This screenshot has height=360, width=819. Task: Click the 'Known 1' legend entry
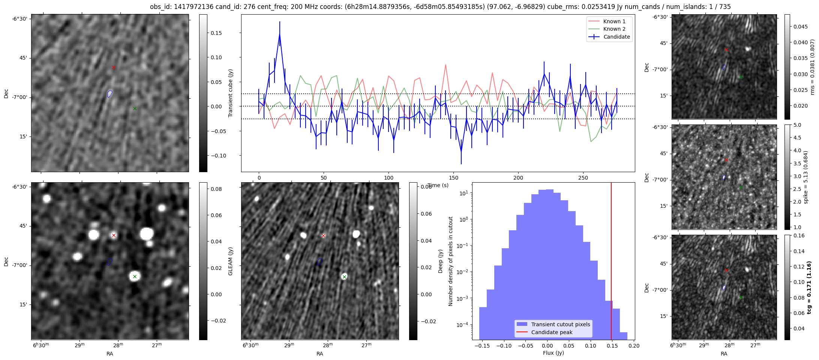coord(614,21)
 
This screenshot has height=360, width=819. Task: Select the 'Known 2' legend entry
coord(614,29)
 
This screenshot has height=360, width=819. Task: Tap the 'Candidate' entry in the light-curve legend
coord(616,37)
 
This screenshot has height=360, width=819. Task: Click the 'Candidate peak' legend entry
coord(552,332)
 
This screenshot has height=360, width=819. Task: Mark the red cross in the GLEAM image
coord(114,235)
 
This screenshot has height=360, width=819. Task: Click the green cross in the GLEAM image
coord(135,277)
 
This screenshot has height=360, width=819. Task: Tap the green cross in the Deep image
coord(344,277)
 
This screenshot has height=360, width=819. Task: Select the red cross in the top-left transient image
coord(114,67)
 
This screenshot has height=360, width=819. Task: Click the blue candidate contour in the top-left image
coord(109,93)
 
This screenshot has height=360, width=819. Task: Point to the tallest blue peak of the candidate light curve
coord(280,34)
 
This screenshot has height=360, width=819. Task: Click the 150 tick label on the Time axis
coord(453,178)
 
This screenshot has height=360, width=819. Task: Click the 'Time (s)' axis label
coord(438,185)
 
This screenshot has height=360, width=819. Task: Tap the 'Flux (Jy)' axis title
coord(553,353)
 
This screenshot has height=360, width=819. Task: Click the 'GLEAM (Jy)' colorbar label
coord(231,261)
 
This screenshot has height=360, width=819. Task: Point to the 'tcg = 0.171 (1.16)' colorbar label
coord(809,287)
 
